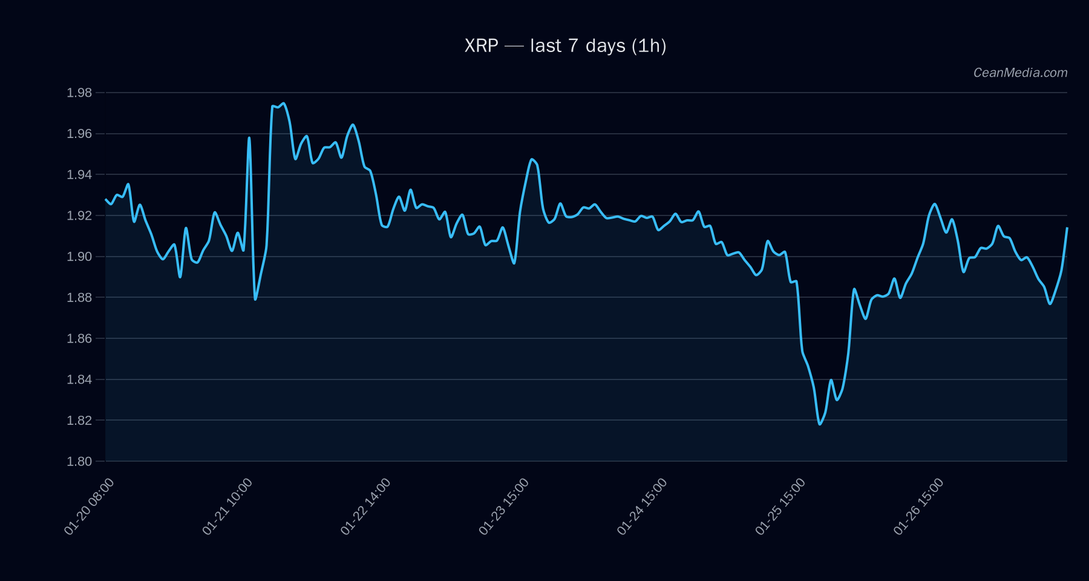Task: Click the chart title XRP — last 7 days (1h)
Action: (565, 46)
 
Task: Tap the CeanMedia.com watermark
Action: (1020, 73)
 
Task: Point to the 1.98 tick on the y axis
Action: (79, 93)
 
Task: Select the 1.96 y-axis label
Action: (79, 134)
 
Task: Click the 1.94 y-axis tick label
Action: (79, 175)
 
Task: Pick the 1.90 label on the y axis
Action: (79, 257)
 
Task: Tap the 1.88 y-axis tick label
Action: (79, 298)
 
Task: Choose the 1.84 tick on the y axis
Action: (79, 379)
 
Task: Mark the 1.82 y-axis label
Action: (79, 421)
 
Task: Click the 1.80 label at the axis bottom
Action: (79, 461)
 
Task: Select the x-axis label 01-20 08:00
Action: (89, 507)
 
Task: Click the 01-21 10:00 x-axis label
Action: (227, 507)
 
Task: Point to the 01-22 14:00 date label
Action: (365, 507)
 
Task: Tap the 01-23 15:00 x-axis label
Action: (504, 507)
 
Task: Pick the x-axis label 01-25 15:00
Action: (780, 507)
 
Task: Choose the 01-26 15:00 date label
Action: (918, 507)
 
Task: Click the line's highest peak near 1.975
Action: (284, 103)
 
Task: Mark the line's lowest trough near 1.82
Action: (820, 424)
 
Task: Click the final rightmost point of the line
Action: (1067, 228)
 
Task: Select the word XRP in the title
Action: (481, 46)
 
